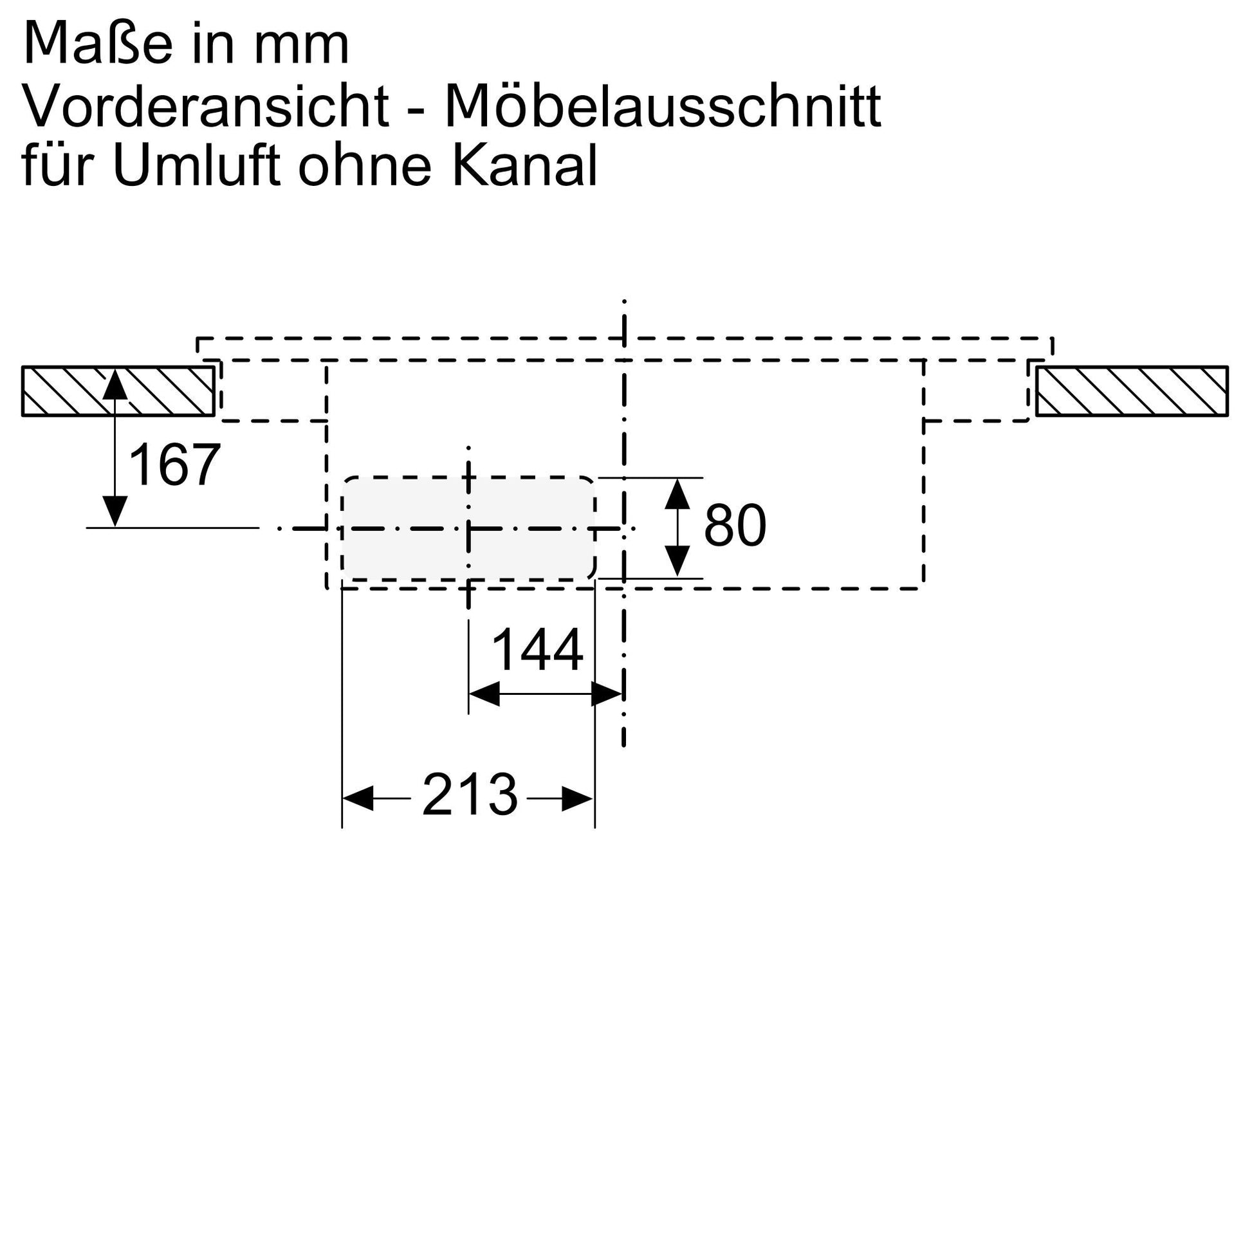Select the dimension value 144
point(538,650)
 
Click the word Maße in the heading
point(98,43)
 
